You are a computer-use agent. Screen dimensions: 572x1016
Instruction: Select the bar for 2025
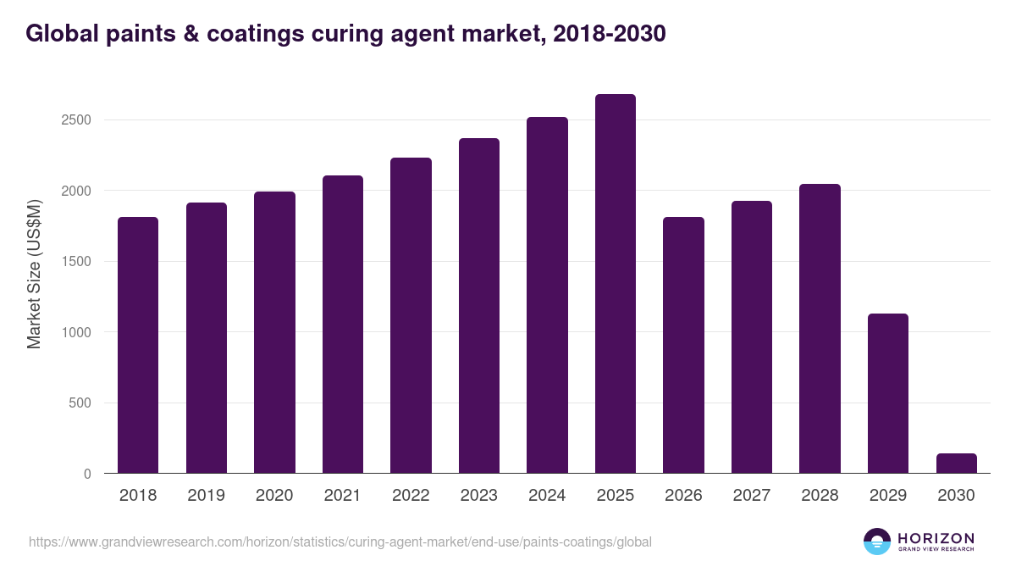point(615,284)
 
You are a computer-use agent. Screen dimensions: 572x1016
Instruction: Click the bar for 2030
point(956,464)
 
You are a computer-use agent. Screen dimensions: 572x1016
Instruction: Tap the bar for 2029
point(888,393)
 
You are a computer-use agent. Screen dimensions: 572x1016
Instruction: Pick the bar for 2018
point(138,345)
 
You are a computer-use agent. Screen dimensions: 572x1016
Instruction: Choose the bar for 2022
point(411,315)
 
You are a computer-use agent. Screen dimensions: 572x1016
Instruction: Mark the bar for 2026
point(683,345)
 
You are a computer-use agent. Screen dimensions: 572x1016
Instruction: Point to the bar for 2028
point(820,329)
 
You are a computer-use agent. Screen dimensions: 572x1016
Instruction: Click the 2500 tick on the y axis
point(76,119)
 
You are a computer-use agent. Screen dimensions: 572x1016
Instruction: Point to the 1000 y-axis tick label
point(76,332)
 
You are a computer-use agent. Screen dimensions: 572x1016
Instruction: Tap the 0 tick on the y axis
point(87,474)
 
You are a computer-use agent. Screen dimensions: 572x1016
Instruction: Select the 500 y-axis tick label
point(80,403)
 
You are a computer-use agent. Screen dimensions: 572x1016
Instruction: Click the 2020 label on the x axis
point(274,496)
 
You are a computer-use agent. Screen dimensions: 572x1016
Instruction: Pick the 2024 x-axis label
point(547,496)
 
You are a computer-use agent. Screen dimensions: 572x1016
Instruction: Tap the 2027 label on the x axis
point(752,496)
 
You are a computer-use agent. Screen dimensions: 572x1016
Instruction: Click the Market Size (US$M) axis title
point(34,274)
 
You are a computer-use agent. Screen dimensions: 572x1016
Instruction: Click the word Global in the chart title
point(59,34)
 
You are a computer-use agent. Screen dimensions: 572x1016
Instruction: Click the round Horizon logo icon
point(877,541)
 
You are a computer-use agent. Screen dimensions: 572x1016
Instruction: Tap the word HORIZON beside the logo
point(936,538)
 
